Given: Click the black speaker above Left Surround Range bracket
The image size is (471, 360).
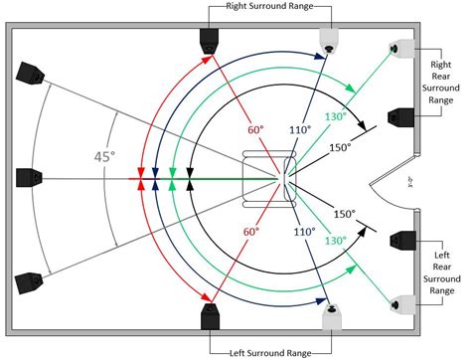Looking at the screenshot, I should pyautogui.click(x=210, y=318).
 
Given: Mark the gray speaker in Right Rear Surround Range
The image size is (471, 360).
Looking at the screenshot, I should pyautogui.click(x=401, y=48).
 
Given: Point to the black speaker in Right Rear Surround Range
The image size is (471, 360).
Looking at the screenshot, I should pyautogui.click(x=401, y=117).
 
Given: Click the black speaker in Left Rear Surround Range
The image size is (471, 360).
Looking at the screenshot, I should pyautogui.click(x=401, y=242).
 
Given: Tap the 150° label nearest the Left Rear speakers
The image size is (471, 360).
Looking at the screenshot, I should pyautogui.click(x=344, y=214).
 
